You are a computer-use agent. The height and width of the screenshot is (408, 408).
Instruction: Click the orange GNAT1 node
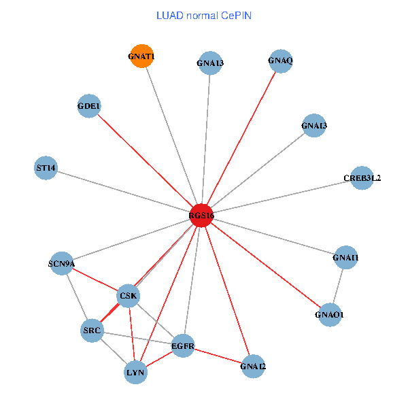pos(141,56)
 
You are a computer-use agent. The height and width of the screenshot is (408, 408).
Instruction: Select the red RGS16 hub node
pos(202,216)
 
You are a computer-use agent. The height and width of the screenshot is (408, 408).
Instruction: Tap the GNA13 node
pos(210,63)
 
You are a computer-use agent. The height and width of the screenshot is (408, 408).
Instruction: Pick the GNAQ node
pos(280,61)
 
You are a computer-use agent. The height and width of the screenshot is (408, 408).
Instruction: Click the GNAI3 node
pos(313,125)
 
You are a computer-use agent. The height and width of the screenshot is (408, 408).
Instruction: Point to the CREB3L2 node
pos(362,178)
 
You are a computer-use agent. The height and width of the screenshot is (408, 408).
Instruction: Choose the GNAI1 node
pos(345,258)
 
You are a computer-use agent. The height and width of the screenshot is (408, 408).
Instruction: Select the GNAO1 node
pos(330,314)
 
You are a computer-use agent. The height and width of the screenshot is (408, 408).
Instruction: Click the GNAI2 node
pos(253,367)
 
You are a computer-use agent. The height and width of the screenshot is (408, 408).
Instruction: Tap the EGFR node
pos(183,346)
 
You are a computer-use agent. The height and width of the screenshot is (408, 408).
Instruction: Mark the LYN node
pos(135,372)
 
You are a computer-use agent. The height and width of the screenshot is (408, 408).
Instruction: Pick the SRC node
pos(92,331)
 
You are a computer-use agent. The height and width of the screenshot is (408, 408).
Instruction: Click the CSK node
pos(128,296)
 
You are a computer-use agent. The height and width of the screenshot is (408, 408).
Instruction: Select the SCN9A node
pos(61,263)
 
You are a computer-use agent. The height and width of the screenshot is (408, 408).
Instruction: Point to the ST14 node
pos(46,167)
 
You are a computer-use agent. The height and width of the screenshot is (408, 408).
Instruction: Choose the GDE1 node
pos(88,106)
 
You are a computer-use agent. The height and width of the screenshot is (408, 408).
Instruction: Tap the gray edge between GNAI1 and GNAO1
pos(338,286)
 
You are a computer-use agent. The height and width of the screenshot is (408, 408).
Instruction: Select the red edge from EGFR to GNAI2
pos(218,356)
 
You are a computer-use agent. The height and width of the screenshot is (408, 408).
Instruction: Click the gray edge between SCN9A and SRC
pos(76,297)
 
